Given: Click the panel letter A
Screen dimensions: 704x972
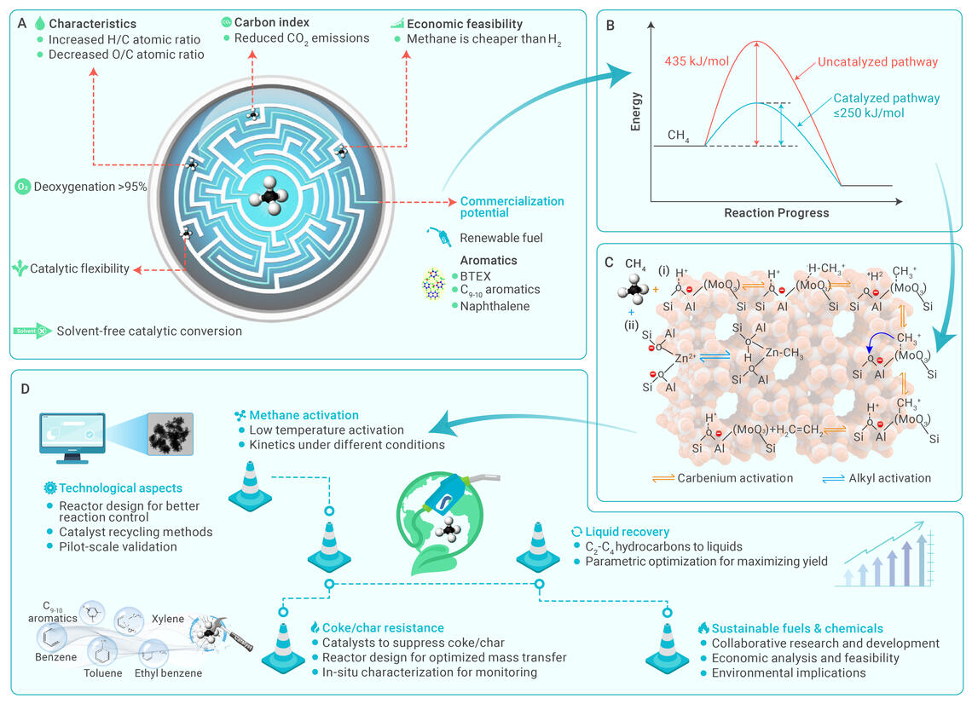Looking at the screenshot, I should (22, 23).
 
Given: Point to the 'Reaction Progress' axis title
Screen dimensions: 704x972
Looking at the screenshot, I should (776, 211).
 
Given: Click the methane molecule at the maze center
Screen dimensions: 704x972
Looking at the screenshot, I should (270, 198).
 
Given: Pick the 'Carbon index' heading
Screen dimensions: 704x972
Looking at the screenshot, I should (272, 23).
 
